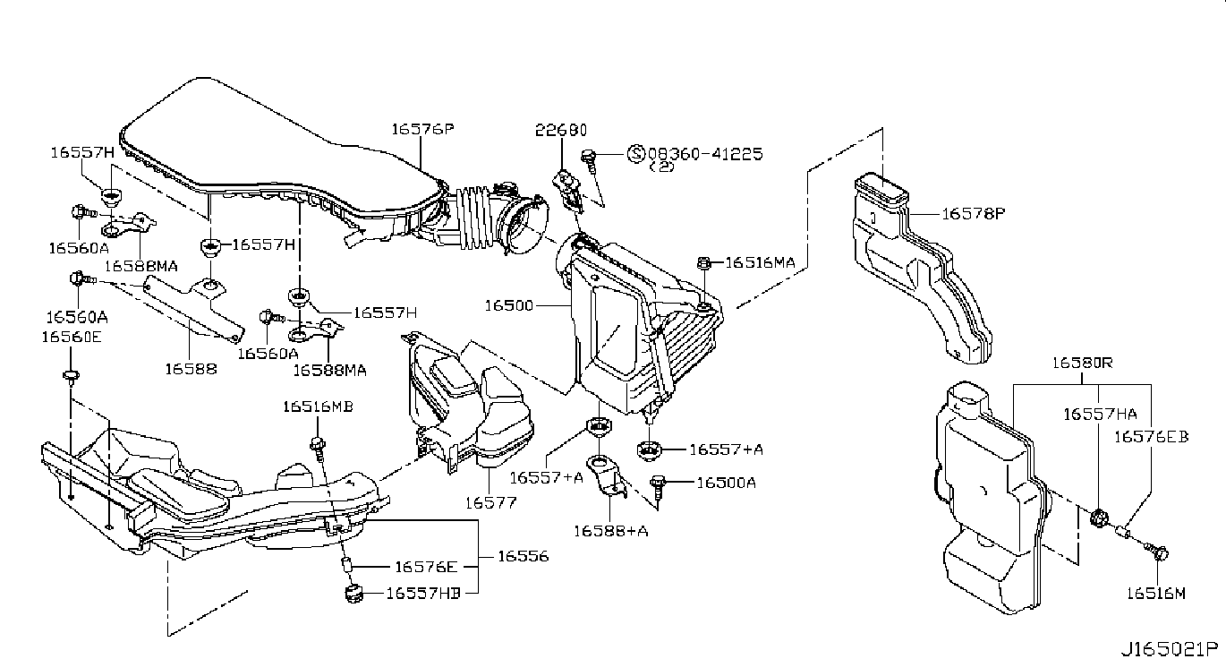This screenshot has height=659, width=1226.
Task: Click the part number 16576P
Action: [422, 129]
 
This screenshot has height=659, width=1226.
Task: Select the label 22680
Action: [561, 131]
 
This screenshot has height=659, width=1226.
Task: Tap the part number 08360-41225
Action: [705, 153]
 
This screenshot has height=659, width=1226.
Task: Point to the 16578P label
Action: [974, 213]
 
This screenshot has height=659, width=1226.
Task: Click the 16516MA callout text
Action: [761, 263]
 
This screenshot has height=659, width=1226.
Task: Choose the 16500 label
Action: [509, 305]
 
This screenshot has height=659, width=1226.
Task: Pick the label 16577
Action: [491, 502]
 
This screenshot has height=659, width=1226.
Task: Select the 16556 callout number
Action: [524, 557]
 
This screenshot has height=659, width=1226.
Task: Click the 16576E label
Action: [426, 567]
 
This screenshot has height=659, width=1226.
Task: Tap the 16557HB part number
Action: [423, 594]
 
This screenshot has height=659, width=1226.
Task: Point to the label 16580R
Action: [1083, 363]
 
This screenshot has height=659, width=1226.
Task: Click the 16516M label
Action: [1155, 594]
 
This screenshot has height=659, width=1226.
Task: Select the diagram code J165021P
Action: [1169, 648]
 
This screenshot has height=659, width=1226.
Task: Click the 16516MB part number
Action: [318, 407]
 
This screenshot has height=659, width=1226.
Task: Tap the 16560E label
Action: [72, 337]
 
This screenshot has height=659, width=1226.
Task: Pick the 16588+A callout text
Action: [611, 531]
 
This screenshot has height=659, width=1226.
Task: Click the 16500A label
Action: [727, 483]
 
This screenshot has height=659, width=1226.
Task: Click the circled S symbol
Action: [636, 153]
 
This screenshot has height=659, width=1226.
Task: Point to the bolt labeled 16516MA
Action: [704, 263]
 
